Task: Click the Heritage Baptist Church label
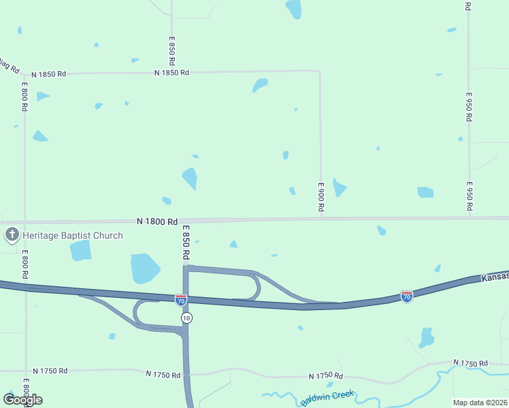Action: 73,236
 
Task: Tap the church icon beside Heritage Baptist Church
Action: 12,236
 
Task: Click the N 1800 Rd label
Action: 157,221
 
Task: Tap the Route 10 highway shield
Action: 186,318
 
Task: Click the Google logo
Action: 22,400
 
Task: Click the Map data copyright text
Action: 480,403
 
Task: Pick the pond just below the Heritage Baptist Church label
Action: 80,250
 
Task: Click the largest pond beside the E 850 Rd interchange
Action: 144,267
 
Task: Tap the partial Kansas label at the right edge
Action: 495,277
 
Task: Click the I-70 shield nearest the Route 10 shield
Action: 180,299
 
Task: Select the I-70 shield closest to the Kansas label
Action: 406,296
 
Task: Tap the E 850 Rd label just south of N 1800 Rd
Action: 185,243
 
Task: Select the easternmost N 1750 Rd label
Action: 470,364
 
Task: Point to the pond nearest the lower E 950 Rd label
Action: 425,192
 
